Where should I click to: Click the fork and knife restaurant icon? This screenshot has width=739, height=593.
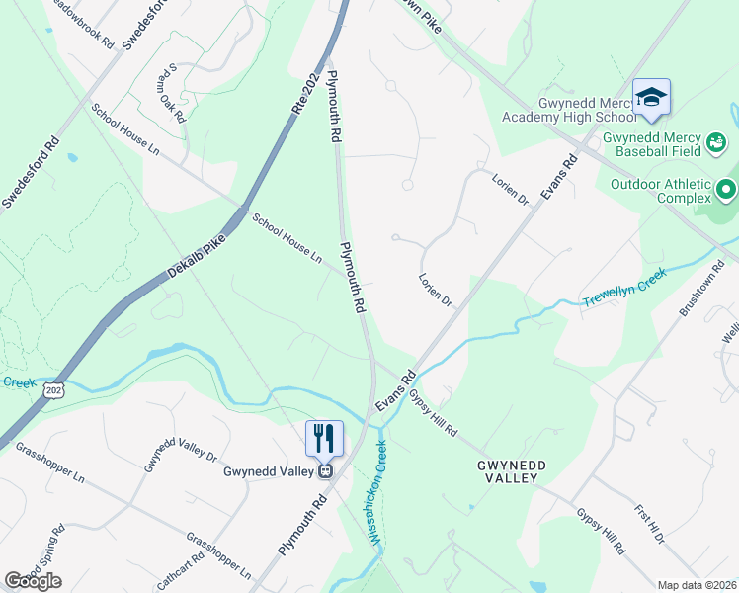click(324, 437)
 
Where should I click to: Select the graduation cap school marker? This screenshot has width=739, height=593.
click(651, 97)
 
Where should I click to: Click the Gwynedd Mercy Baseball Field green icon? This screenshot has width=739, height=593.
click(717, 144)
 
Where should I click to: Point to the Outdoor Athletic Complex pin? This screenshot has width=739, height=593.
click(727, 188)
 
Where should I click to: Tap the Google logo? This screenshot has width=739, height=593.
click(33, 581)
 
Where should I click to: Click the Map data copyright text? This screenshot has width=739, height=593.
click(697, 585)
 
